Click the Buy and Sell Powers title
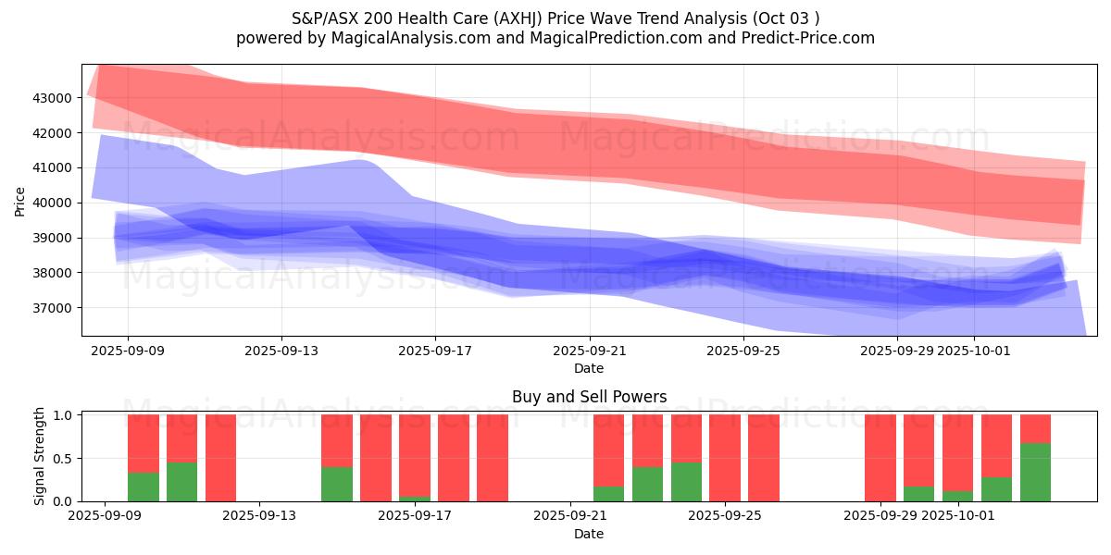pos(589,397)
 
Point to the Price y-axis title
pos(20,200)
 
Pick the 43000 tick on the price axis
pos(54,98)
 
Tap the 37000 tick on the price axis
pos(54,308)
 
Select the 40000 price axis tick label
pos(54,203)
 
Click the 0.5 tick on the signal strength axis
pos(63,459)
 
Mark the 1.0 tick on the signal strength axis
pos(63,415)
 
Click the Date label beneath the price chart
pos(589,369)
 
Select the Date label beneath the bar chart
pos(589,534)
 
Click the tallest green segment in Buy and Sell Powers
pos(1035,472)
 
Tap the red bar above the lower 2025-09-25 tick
pos(725,458)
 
